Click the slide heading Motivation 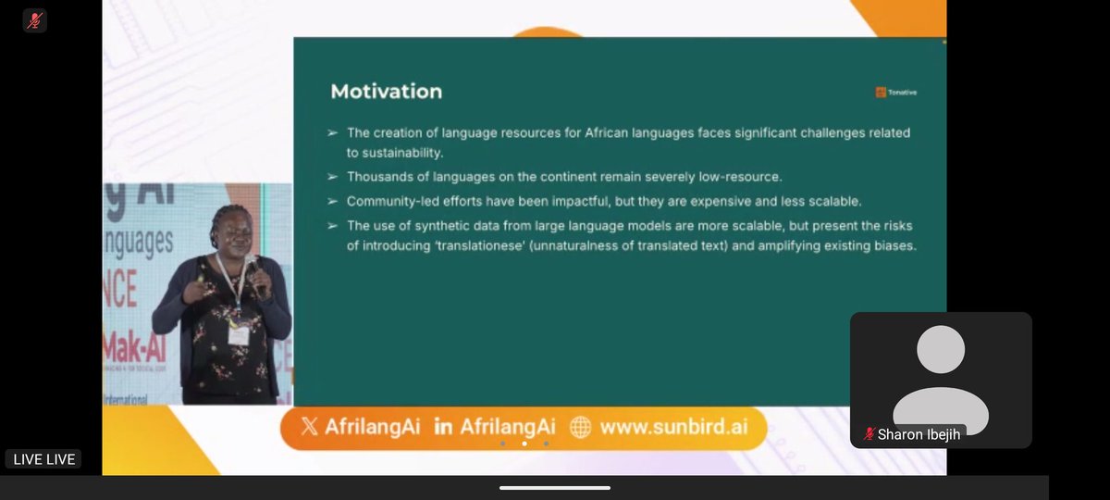[386, 92]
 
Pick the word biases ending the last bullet [894, 247]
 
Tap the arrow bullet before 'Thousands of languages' [332, 176]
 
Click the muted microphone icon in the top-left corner [35, 20]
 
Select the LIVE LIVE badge [43, 459]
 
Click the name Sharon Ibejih [919, 433]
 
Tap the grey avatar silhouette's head [940, 350]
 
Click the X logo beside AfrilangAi [309, 427]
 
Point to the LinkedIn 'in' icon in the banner [443, 427]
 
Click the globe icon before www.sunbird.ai [580, 427]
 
